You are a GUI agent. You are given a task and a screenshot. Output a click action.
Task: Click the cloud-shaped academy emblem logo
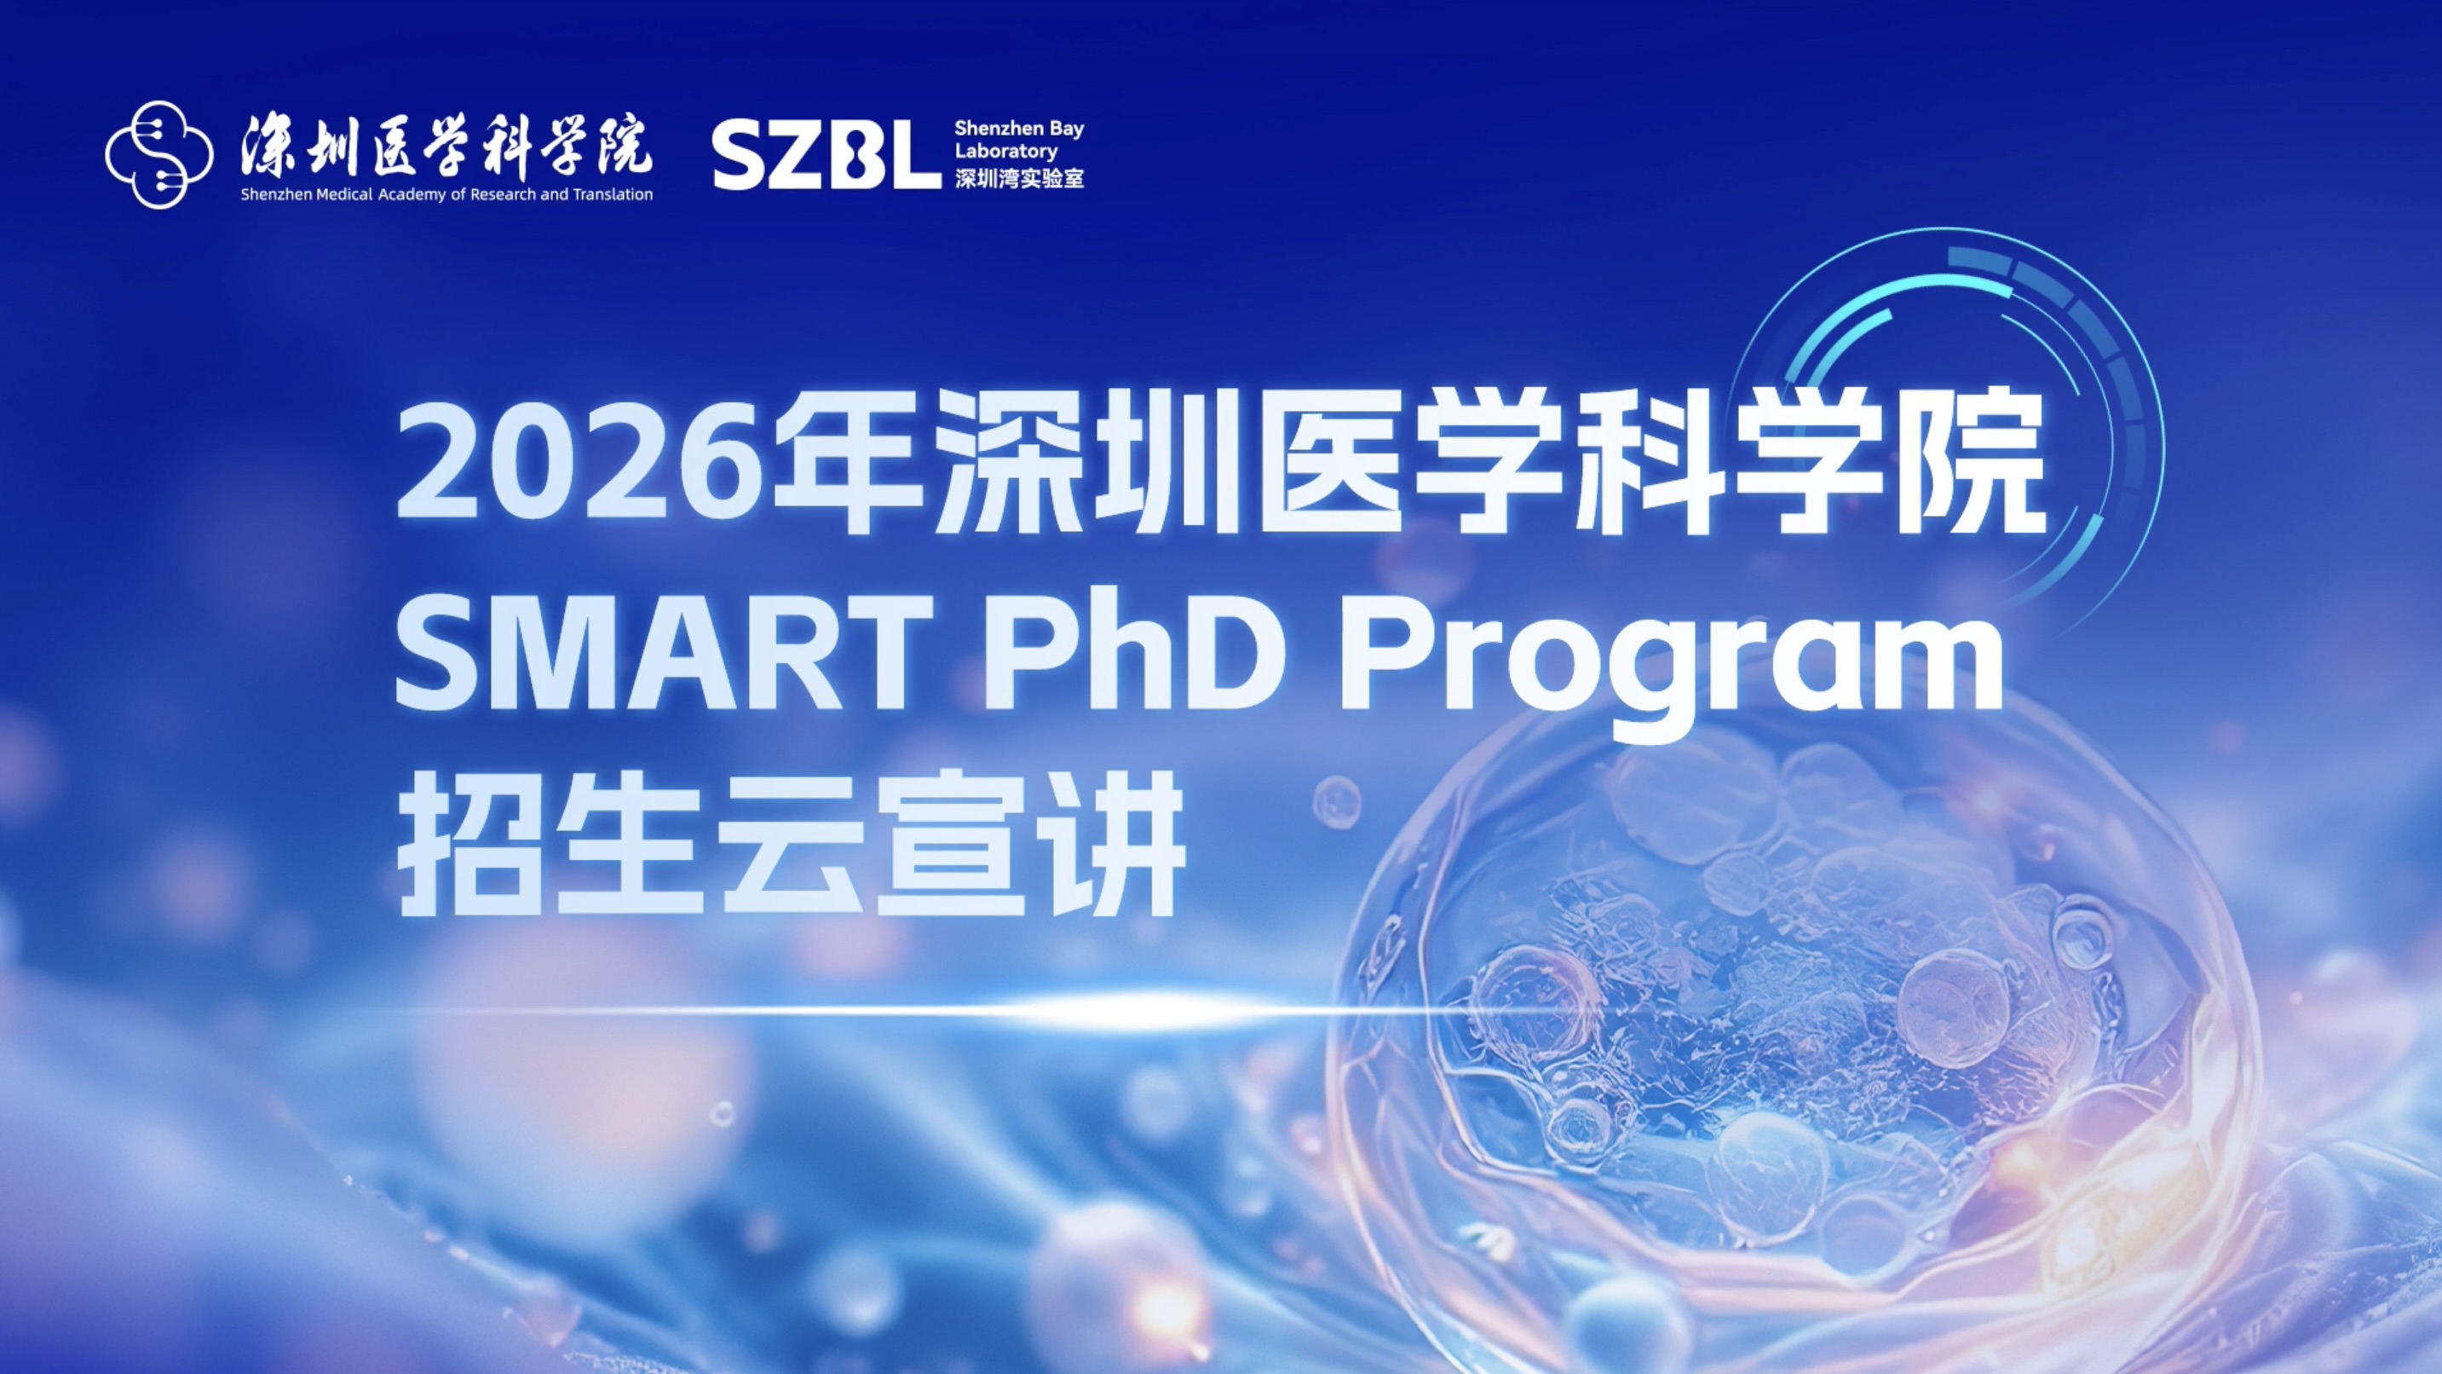tap(159, 154)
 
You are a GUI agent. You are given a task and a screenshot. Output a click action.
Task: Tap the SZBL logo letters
tap(826, 154)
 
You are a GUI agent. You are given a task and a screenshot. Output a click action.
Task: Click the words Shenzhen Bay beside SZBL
tap(1019, 129)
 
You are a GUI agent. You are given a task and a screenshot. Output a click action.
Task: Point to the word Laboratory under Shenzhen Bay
tap(1005, 152)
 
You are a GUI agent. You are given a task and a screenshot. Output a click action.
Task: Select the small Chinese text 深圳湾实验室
tap(1019, 177)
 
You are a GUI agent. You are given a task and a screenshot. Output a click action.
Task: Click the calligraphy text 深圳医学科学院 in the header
tap(446, 147)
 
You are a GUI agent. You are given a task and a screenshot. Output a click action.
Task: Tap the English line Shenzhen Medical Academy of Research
tap(387, 194)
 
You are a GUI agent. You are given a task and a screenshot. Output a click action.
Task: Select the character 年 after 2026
tap(849, 462)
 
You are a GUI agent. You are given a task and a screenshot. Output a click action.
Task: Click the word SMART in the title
tap(663, 651)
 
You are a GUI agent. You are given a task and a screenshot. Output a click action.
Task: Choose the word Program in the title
tap(1669, 664)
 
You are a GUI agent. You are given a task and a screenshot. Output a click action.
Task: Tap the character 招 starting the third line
tap(469, 844)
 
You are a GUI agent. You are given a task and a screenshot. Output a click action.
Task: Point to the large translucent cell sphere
tap(1792, 1043)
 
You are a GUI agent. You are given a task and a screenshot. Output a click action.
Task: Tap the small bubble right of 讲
tap(1337, 801)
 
